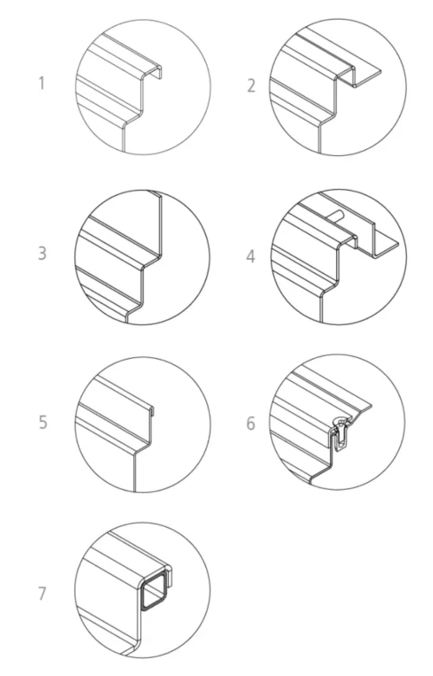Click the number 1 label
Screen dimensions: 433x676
[x=42, y=83]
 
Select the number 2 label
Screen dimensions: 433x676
[x=251, y=86]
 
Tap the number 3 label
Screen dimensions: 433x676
[x=42, y=253]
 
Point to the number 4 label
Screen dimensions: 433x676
[x=251, y=257]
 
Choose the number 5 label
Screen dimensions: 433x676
[x=42, y=422]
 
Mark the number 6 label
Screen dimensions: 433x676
[x=251, y=423]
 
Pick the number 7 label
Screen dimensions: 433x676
[x=42, y=594]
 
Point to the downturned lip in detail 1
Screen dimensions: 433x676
[x=159, y=73]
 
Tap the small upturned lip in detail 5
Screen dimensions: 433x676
[x=152, y=411]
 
